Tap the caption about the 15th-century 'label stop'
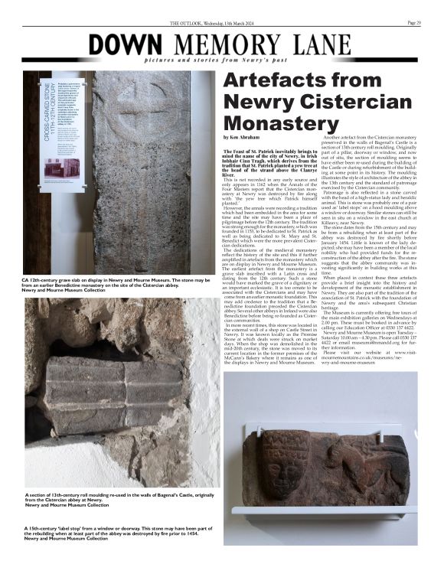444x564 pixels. pos(115,535)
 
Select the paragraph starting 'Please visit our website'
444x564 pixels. pos(367,356)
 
